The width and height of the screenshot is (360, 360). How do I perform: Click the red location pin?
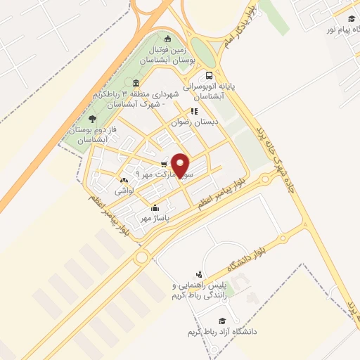(x=181, y=165)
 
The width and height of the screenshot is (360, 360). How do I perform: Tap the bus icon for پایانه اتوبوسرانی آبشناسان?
(x=209, y=76)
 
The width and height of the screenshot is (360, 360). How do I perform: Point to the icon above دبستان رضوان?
(x=195, y=110)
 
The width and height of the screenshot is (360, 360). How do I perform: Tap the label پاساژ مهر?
(x=155, y=219)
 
